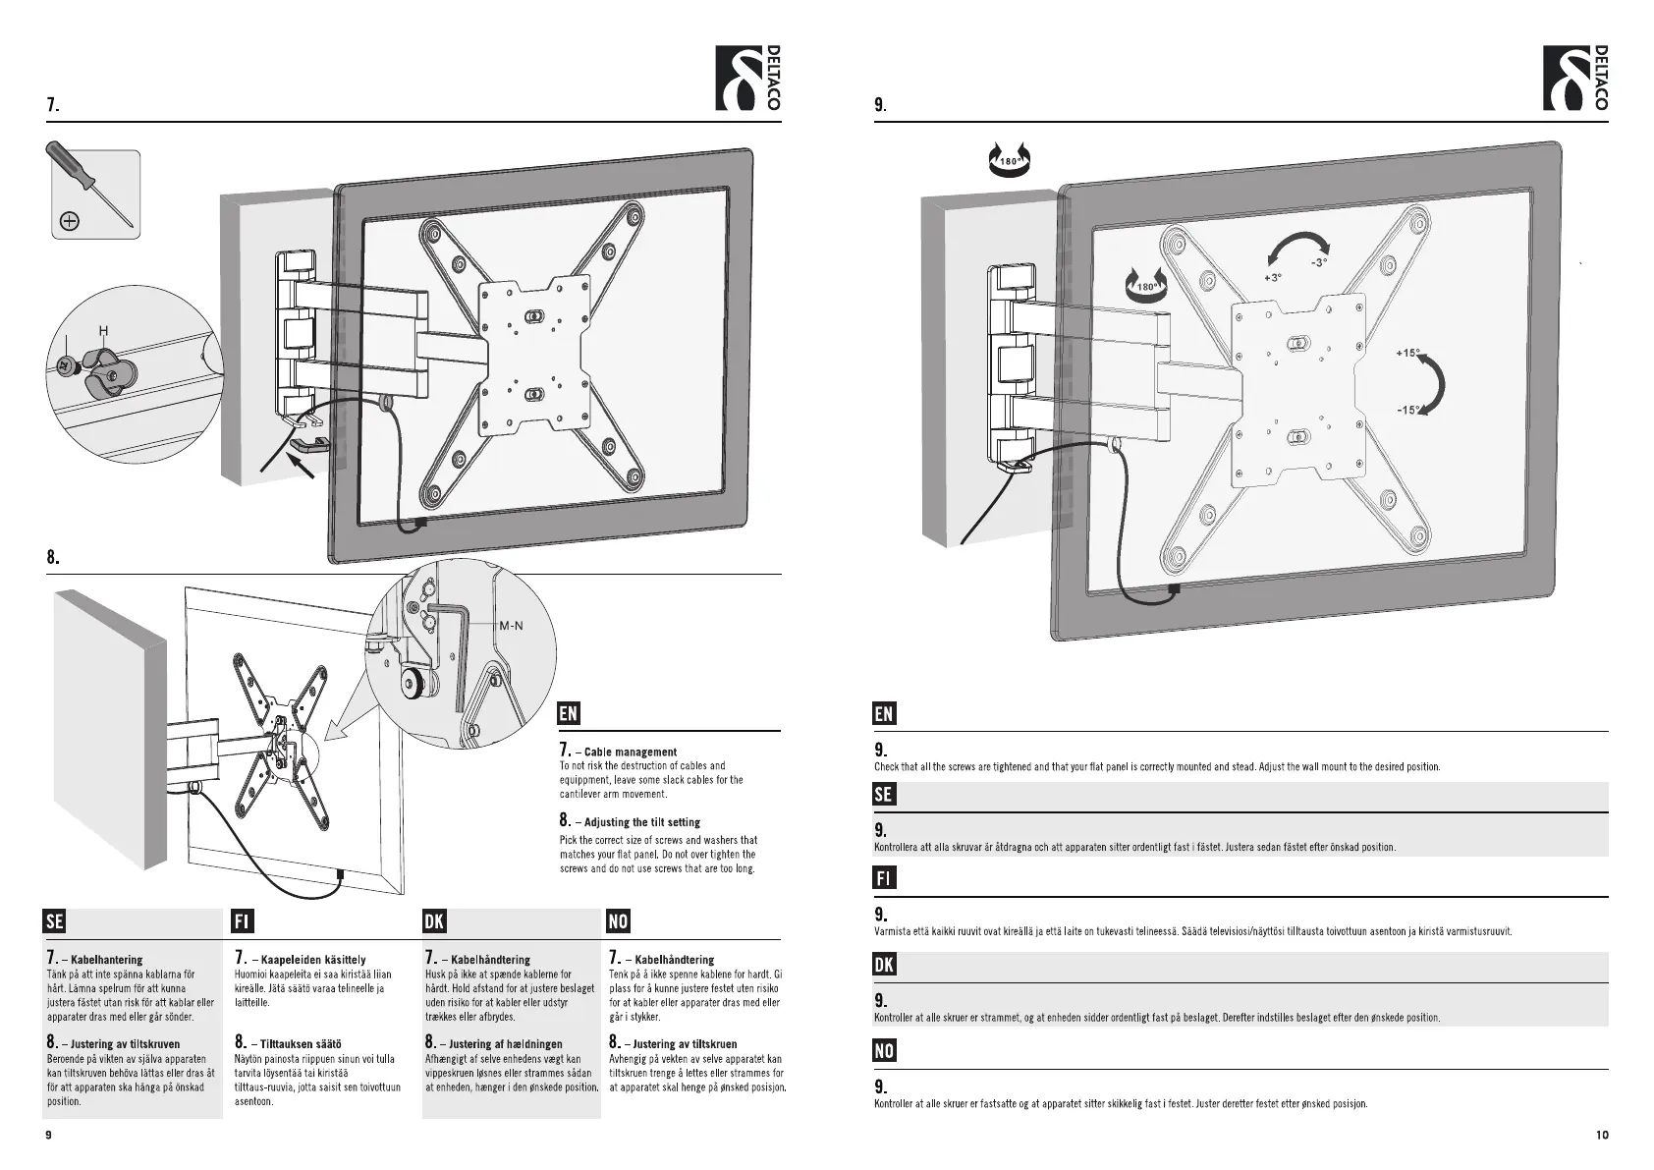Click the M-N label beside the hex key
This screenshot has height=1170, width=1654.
coord(511,625)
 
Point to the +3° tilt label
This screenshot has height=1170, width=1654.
coord(1273,278)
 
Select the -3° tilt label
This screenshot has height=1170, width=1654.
coord(1318,262)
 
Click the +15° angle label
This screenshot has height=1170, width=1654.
coord(1408,353)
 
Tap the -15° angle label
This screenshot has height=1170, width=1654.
coord(1408,411)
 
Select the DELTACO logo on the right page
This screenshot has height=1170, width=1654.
coord(1575,79)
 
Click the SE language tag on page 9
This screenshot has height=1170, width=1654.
coord(55,921)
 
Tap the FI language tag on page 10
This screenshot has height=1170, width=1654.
coord(884,878)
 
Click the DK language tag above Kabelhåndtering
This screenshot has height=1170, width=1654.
coord(433,921)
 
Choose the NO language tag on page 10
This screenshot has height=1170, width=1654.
coord(884,1051)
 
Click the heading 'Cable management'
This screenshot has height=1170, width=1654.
coord(630,752)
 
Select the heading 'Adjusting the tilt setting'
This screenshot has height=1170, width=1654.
coord(641,822)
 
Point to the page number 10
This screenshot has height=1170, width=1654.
coord(1602,1135)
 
